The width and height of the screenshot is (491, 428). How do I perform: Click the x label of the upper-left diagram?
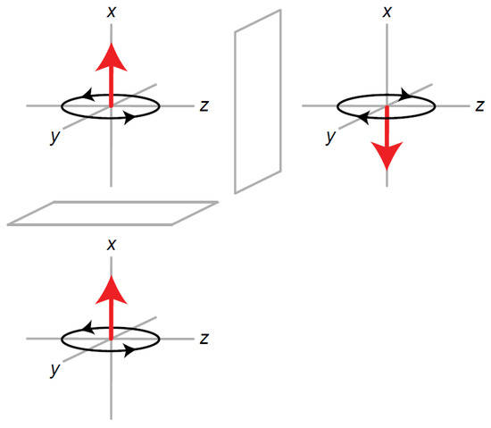coord(111,13)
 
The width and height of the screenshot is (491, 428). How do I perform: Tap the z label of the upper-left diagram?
coord(204,105)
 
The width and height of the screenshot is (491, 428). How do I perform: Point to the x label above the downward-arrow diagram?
coord(387,12)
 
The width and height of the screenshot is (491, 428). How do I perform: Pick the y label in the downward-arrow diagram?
coord(331,137)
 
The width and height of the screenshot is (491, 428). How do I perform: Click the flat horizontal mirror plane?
coord(112,213)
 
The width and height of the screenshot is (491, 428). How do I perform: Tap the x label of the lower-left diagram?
coord(111,244)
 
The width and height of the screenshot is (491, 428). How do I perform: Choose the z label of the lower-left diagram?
coord(204,338)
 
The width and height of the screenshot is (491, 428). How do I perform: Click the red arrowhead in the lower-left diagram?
coord(111,288)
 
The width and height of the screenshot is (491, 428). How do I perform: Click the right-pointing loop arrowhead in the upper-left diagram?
coord(130,118)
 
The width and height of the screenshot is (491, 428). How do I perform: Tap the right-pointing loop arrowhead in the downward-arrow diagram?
coord(406,92)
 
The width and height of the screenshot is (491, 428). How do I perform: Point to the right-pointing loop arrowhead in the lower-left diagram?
coord(130,350)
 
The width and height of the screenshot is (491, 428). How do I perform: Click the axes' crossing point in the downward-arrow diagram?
coord(387,105)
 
